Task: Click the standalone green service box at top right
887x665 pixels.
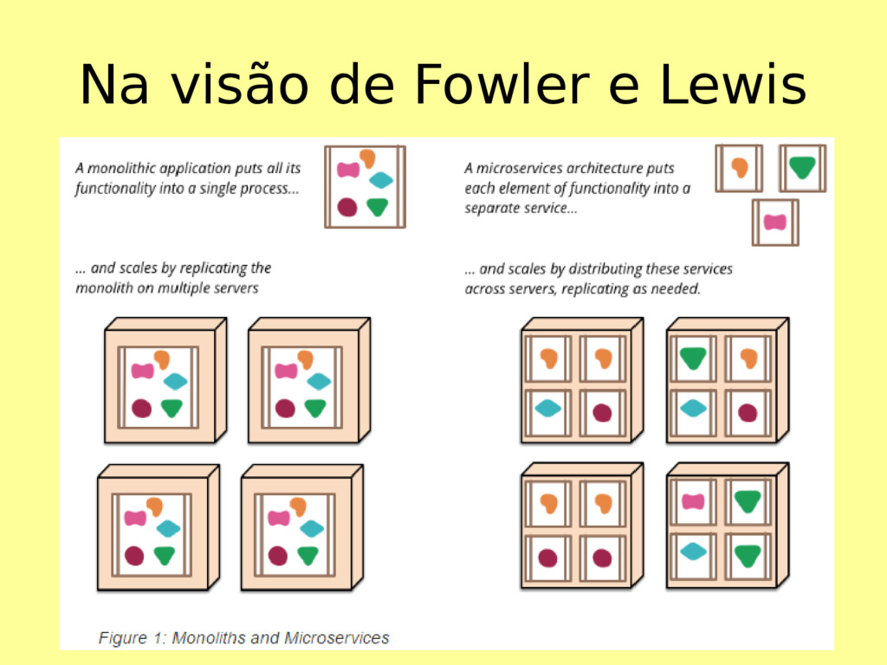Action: coord(802,168)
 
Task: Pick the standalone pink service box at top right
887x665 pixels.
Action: coord(774,223)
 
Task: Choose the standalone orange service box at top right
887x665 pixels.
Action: coord(739,168)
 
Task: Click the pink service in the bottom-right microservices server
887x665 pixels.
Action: coord(693,501)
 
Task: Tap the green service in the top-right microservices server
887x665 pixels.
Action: coord(693,357)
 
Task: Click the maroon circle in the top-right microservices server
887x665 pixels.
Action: coord(748,412)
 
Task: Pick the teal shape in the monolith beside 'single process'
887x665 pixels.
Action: coord(381,180)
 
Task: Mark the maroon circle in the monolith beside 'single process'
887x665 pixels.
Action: coord(347,207)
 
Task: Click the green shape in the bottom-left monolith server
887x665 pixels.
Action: coord(165,555)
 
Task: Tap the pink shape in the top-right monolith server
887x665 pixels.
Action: coord(286,371)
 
